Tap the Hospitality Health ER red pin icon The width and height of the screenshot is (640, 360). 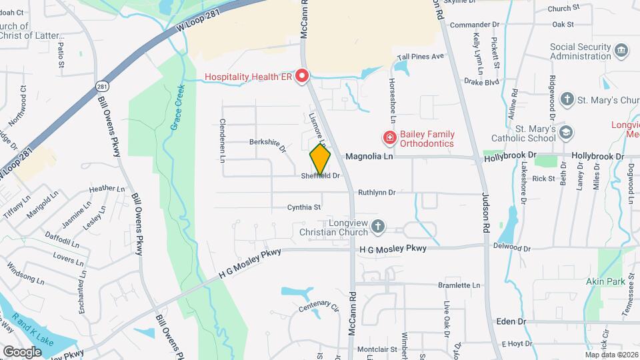pos(302,77)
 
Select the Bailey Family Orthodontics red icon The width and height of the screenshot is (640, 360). pos(388,138)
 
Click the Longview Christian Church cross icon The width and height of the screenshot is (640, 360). pos(378,227)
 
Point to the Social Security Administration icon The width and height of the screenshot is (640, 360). pos(621,51)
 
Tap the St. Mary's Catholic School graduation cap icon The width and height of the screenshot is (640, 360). pos(566,133)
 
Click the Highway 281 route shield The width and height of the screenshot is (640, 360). pos(101,87)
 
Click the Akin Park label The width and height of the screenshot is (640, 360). pos(605,281)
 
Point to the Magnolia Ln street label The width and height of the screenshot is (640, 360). pos(366,157)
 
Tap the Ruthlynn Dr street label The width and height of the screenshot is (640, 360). pos(377,193)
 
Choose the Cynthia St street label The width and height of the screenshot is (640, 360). pos(304,208)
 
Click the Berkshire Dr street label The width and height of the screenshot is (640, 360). pos(267,145)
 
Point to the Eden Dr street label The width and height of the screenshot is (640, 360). pos(511,321)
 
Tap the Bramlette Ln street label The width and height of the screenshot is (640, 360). pos(459,285)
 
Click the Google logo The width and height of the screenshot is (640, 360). pos(22,351)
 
